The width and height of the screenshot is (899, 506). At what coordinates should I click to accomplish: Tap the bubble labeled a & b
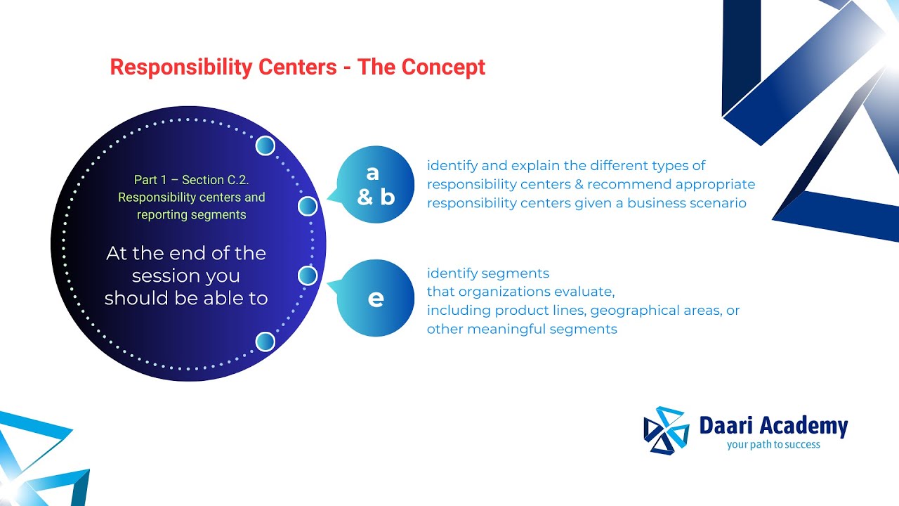click(376, 185)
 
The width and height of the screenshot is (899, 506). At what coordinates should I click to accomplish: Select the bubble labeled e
click(376, 299)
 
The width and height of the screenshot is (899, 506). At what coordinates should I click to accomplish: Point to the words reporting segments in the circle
click(191, 215)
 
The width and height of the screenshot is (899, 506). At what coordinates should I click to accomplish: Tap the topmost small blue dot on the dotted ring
click(265, 145)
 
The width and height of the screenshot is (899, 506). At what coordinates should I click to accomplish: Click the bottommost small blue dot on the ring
click(265, 342)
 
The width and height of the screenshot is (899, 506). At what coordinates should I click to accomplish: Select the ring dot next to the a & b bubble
click(308, 207)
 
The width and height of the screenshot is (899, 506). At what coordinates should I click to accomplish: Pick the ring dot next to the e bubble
click(308, 275)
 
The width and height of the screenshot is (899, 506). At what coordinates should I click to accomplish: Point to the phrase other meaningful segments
click(522, 330)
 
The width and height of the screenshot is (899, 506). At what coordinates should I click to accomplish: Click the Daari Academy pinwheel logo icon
click(666, 430)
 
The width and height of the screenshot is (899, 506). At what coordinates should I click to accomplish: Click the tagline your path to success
click(773, 445)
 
